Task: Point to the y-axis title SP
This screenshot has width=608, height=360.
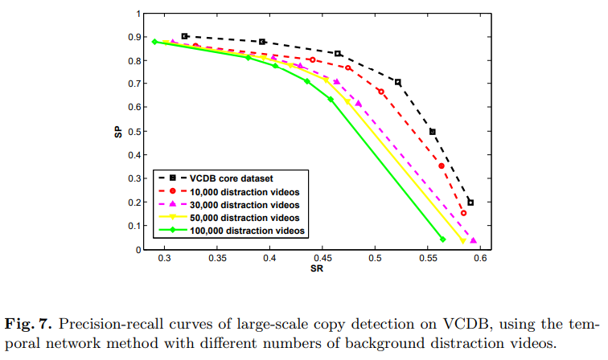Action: (x=117, y=131)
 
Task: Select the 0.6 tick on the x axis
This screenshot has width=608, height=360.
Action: (x=480, y=260)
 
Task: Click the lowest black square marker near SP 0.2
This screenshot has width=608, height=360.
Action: (x=470, y=202)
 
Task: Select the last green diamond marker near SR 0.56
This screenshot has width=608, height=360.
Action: (x=443, y=239)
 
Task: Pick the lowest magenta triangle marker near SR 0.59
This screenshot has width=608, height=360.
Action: (x=474, y=240)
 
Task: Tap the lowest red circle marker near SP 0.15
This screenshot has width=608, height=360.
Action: (x=463, y=213)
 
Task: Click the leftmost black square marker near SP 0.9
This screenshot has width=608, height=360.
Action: (x=184, y=36)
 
